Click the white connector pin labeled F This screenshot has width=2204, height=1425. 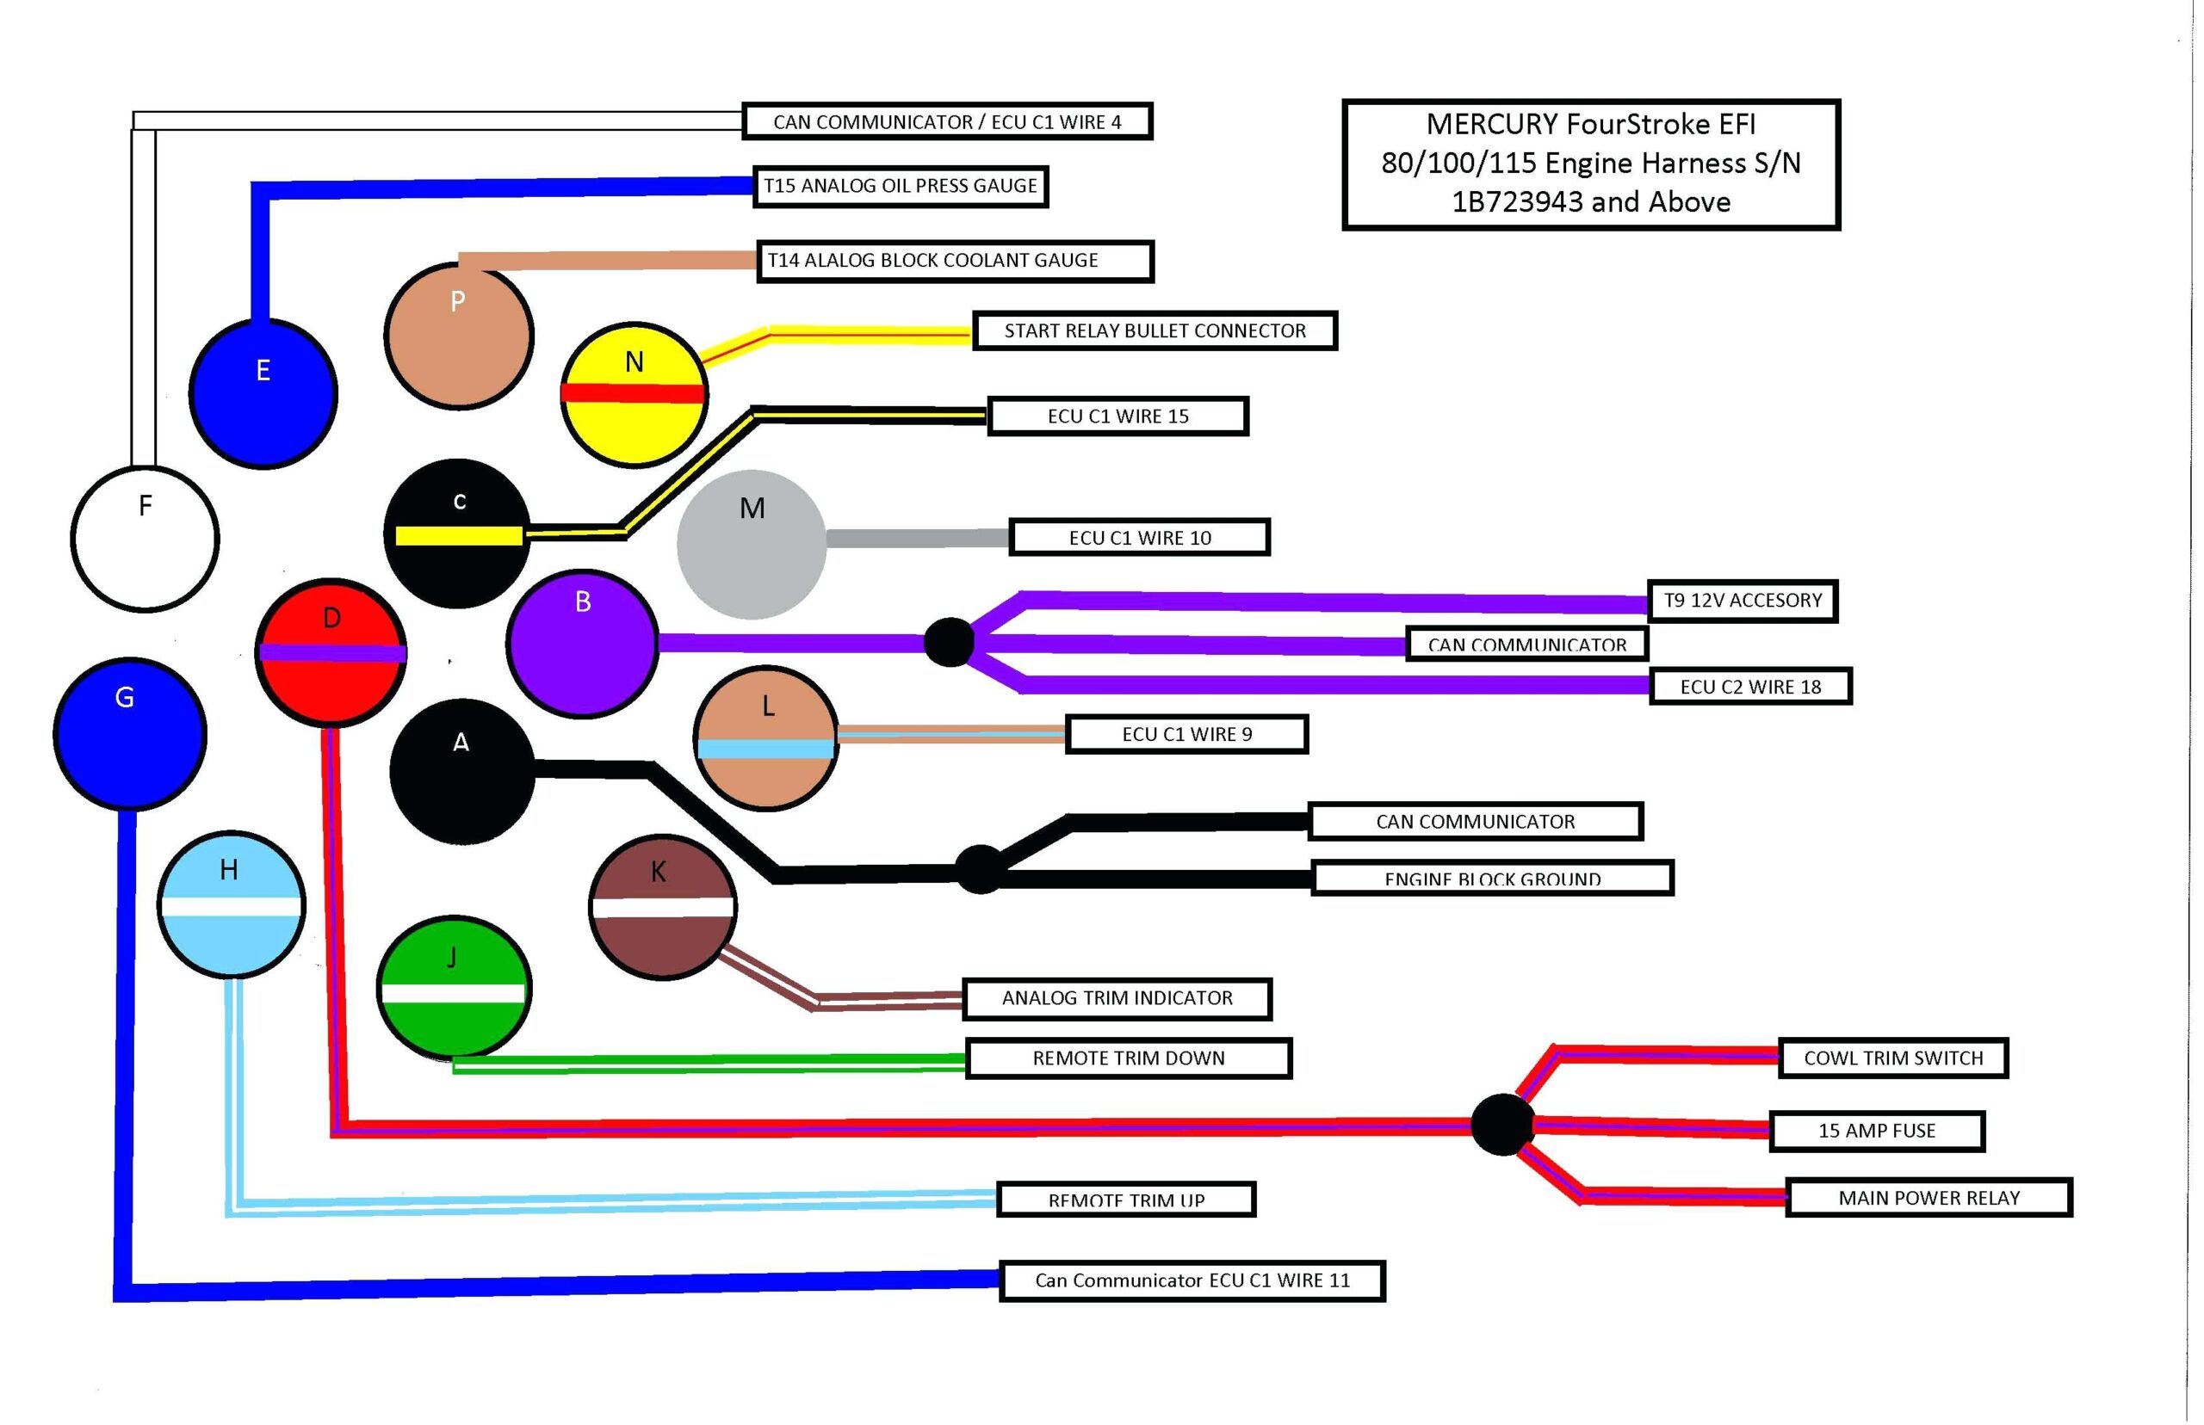[x=145, y=539]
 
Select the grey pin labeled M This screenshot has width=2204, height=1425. [x=751, y=544]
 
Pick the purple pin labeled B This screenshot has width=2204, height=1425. [x=582, y=642]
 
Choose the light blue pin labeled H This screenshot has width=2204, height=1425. [x=231, y=904]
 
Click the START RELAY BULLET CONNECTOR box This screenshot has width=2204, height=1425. [x=1155, y=330]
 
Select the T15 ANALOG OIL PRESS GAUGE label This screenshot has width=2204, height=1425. [x=900, y=186]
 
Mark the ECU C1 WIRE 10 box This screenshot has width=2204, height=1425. [x=1140, y=538]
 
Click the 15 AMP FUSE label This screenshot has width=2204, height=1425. [x=1876, y=1131]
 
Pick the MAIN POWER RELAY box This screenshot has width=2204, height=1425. [x=1928, y=1197]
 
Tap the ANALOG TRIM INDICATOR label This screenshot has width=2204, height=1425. [x=1117, y=998]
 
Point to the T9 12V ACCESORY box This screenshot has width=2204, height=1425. [x=1742, y=601]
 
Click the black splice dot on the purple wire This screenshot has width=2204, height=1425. [x=949, y=641]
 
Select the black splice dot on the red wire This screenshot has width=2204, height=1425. [x=1501, y=1125]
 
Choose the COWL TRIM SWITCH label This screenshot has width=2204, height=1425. [x=1893, y=1058]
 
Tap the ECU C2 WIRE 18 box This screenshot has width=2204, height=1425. [x=1749, y=687]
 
